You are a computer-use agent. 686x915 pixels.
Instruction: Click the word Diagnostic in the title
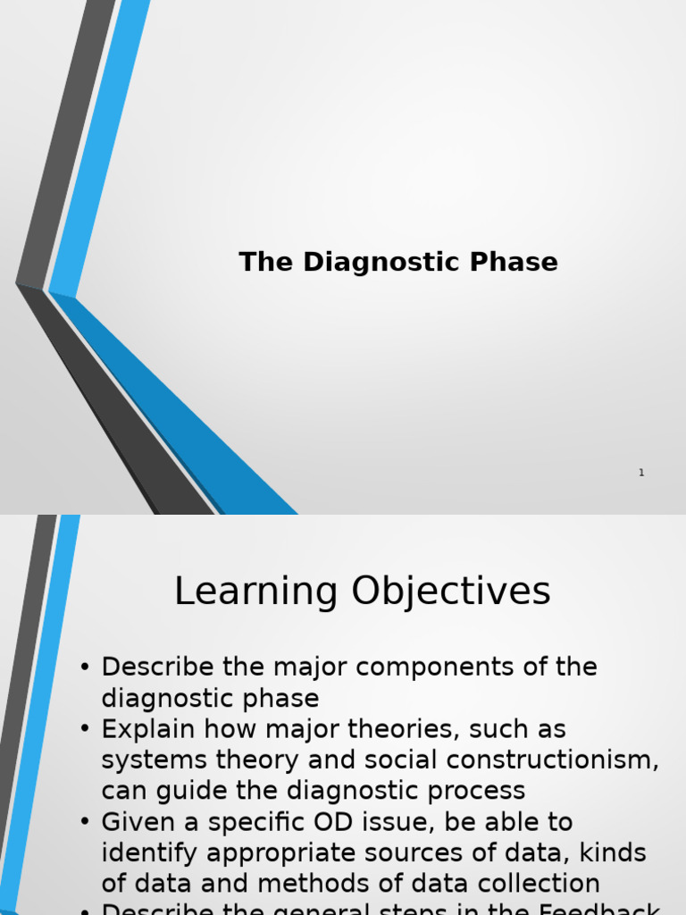tap(379, 263)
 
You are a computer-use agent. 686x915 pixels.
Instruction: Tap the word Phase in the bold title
tap(519, 263)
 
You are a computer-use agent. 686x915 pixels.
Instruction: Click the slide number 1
tap(641, 473)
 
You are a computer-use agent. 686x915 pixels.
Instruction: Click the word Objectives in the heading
tap(451, 592)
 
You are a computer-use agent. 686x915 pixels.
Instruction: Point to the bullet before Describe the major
tap(85, 667)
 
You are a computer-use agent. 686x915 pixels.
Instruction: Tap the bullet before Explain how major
tap(85, 729)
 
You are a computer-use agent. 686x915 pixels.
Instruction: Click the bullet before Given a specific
tap(85, 822)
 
